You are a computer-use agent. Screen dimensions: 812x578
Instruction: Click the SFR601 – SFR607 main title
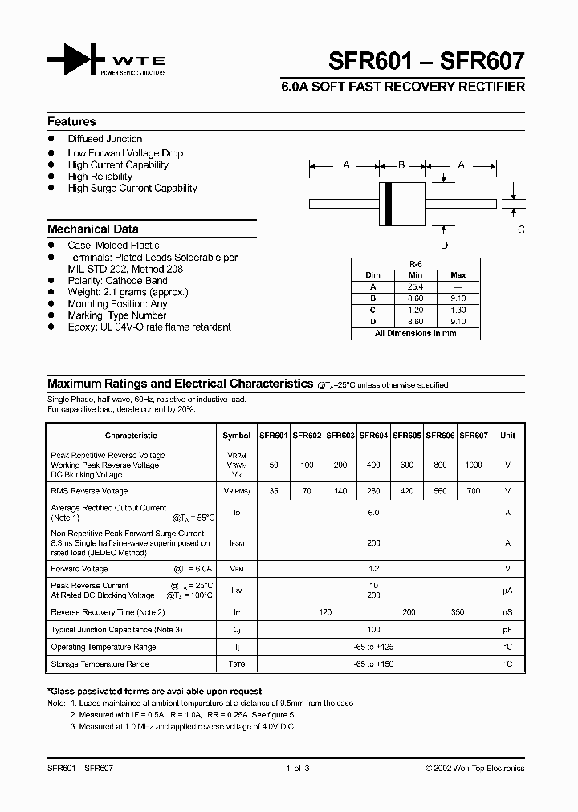point(427,61)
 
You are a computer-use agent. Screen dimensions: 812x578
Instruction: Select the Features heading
point(71,122)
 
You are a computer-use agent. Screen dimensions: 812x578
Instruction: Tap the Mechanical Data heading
point(93,229)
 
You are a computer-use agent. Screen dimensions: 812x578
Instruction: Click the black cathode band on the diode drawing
point(390,204)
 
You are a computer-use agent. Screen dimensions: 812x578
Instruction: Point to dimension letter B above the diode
point(401,165)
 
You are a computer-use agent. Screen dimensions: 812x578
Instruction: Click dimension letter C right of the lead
point(521,230)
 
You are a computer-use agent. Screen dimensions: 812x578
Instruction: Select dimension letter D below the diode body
point(444,246)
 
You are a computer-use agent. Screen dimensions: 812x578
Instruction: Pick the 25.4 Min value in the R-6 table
point(415,286)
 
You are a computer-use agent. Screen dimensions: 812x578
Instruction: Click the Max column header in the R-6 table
point(458,274)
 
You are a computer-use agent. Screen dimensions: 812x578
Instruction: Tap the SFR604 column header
point(373,436)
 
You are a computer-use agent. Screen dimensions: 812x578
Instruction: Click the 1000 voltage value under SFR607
point(474,465)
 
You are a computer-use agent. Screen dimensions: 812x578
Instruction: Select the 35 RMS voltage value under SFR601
point(273,491)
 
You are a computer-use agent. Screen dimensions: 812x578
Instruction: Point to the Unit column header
point(507,436)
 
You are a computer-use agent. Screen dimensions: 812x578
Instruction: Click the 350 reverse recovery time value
point(457,612)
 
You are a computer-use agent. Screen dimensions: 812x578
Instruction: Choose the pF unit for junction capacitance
point(507,630)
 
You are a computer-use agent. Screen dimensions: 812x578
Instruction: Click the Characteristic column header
point(131,436)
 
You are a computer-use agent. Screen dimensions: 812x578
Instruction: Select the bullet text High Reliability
point(100,177)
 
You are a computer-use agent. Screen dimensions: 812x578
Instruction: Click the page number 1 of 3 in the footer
point(297,768)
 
